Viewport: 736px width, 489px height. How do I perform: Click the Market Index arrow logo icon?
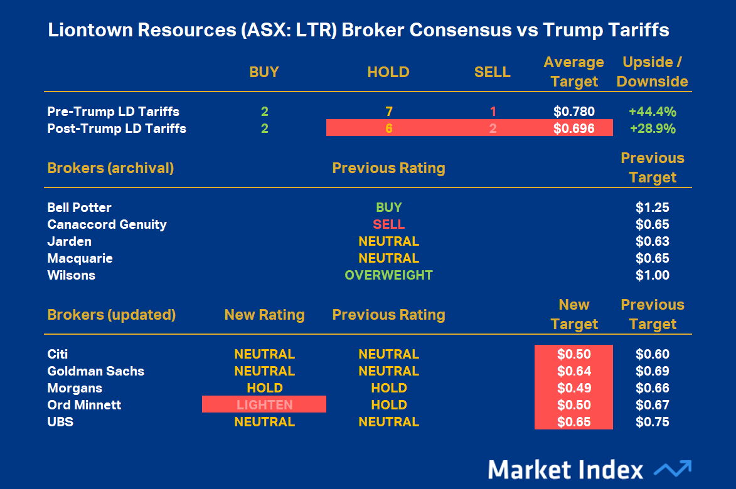point(672,469)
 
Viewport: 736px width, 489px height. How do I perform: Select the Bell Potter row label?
point(79,208)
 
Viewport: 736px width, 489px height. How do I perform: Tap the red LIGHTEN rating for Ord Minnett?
point(264,405)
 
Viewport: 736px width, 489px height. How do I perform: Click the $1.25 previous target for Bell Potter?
point(652,208)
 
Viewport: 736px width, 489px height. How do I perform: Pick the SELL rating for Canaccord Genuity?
point(388,224)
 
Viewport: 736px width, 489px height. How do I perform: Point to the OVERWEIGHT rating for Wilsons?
point(388,275)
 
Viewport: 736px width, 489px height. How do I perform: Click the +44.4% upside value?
point(652,112)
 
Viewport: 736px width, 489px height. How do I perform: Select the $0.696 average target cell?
point(573,129)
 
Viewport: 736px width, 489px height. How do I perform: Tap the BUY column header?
point(264,72)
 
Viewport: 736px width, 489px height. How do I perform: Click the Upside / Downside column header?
point(652,71)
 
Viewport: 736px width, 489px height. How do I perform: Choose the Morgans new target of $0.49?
point(573,388)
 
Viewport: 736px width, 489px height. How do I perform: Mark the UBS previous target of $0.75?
point(652,422)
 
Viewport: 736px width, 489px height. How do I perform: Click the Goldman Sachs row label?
point(95,371)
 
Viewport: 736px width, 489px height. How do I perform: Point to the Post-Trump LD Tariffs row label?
point(117,129)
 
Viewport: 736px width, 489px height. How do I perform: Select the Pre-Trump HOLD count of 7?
point(388,112)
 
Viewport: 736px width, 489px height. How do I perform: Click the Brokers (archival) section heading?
point(110,168)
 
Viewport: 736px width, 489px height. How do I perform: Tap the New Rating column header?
point(264,315)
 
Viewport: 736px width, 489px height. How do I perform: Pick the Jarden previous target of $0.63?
point(652,241)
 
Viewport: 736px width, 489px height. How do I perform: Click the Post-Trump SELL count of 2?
point(493,129)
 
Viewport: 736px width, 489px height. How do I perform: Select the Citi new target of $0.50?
point(573,354)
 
